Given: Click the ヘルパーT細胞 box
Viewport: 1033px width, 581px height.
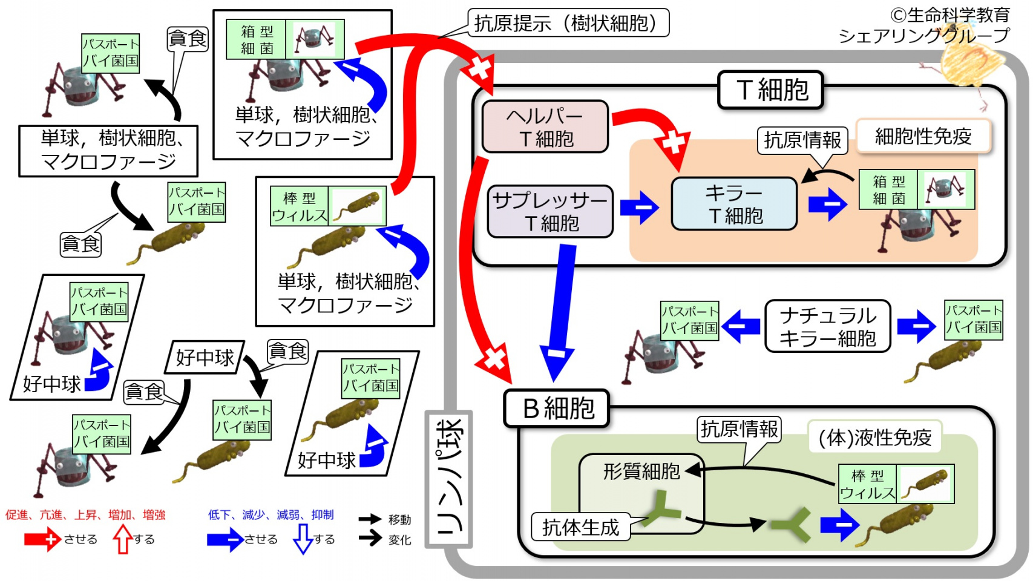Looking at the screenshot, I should (545, 126).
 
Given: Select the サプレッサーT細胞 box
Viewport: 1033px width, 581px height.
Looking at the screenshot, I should (550, 211).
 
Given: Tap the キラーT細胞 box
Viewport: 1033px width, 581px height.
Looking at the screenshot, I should (734, 204).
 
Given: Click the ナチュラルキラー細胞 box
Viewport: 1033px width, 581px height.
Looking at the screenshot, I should (827, 326).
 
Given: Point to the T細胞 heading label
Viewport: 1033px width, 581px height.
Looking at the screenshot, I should (770, 90).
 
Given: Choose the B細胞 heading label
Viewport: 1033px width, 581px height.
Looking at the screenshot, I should (557, 408).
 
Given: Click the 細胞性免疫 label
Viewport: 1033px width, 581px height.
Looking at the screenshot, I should (923, 136).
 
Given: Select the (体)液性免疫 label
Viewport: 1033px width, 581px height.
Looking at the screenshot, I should (874, 437).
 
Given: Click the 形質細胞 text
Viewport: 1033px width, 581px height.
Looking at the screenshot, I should (641, 471).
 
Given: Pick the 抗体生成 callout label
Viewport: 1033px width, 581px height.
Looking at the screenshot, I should (580, 527).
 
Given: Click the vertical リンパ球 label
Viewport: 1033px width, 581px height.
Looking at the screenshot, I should (449, 479).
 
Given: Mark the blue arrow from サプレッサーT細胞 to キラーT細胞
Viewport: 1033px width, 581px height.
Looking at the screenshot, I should (640, 208).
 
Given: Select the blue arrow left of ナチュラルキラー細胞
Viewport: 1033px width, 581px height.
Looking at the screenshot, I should (741, 326).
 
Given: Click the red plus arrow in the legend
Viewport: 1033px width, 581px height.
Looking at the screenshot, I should (42, 539).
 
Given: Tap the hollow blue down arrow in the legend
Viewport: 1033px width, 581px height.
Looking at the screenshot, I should (303, 539).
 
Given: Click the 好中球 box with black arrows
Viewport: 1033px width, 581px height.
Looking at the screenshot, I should (205, 357).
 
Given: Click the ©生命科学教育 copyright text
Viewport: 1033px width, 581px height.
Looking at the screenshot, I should (950, 15).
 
